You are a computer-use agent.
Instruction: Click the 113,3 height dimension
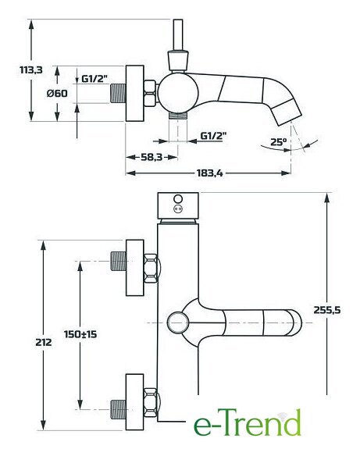tap(31, 69)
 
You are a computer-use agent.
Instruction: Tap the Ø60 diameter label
tap(57, 93)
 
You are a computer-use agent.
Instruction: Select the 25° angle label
tap(278, 142)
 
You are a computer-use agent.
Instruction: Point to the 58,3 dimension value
tap(151, 157)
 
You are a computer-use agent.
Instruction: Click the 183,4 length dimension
tap(209, 173)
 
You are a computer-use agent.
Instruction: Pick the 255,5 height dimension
tap(327, 310)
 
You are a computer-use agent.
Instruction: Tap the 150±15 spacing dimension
tap(80, 334)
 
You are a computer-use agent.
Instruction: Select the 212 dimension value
tap(44, 342)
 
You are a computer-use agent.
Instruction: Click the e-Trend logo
tap(248, 422)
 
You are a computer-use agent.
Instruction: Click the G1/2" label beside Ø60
tap(94, 78)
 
